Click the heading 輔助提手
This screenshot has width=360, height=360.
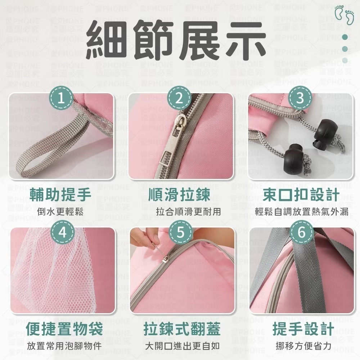60,195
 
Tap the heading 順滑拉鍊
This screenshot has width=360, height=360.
179,195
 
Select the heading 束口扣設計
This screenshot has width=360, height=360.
301,195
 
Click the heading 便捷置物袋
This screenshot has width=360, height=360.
64,329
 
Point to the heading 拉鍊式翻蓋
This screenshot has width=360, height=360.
182,329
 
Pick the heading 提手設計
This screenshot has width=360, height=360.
303,329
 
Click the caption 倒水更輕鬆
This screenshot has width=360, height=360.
60,212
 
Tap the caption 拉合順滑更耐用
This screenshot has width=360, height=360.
188,212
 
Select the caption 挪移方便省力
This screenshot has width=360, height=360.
303,346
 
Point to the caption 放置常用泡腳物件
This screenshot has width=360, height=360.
64,346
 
